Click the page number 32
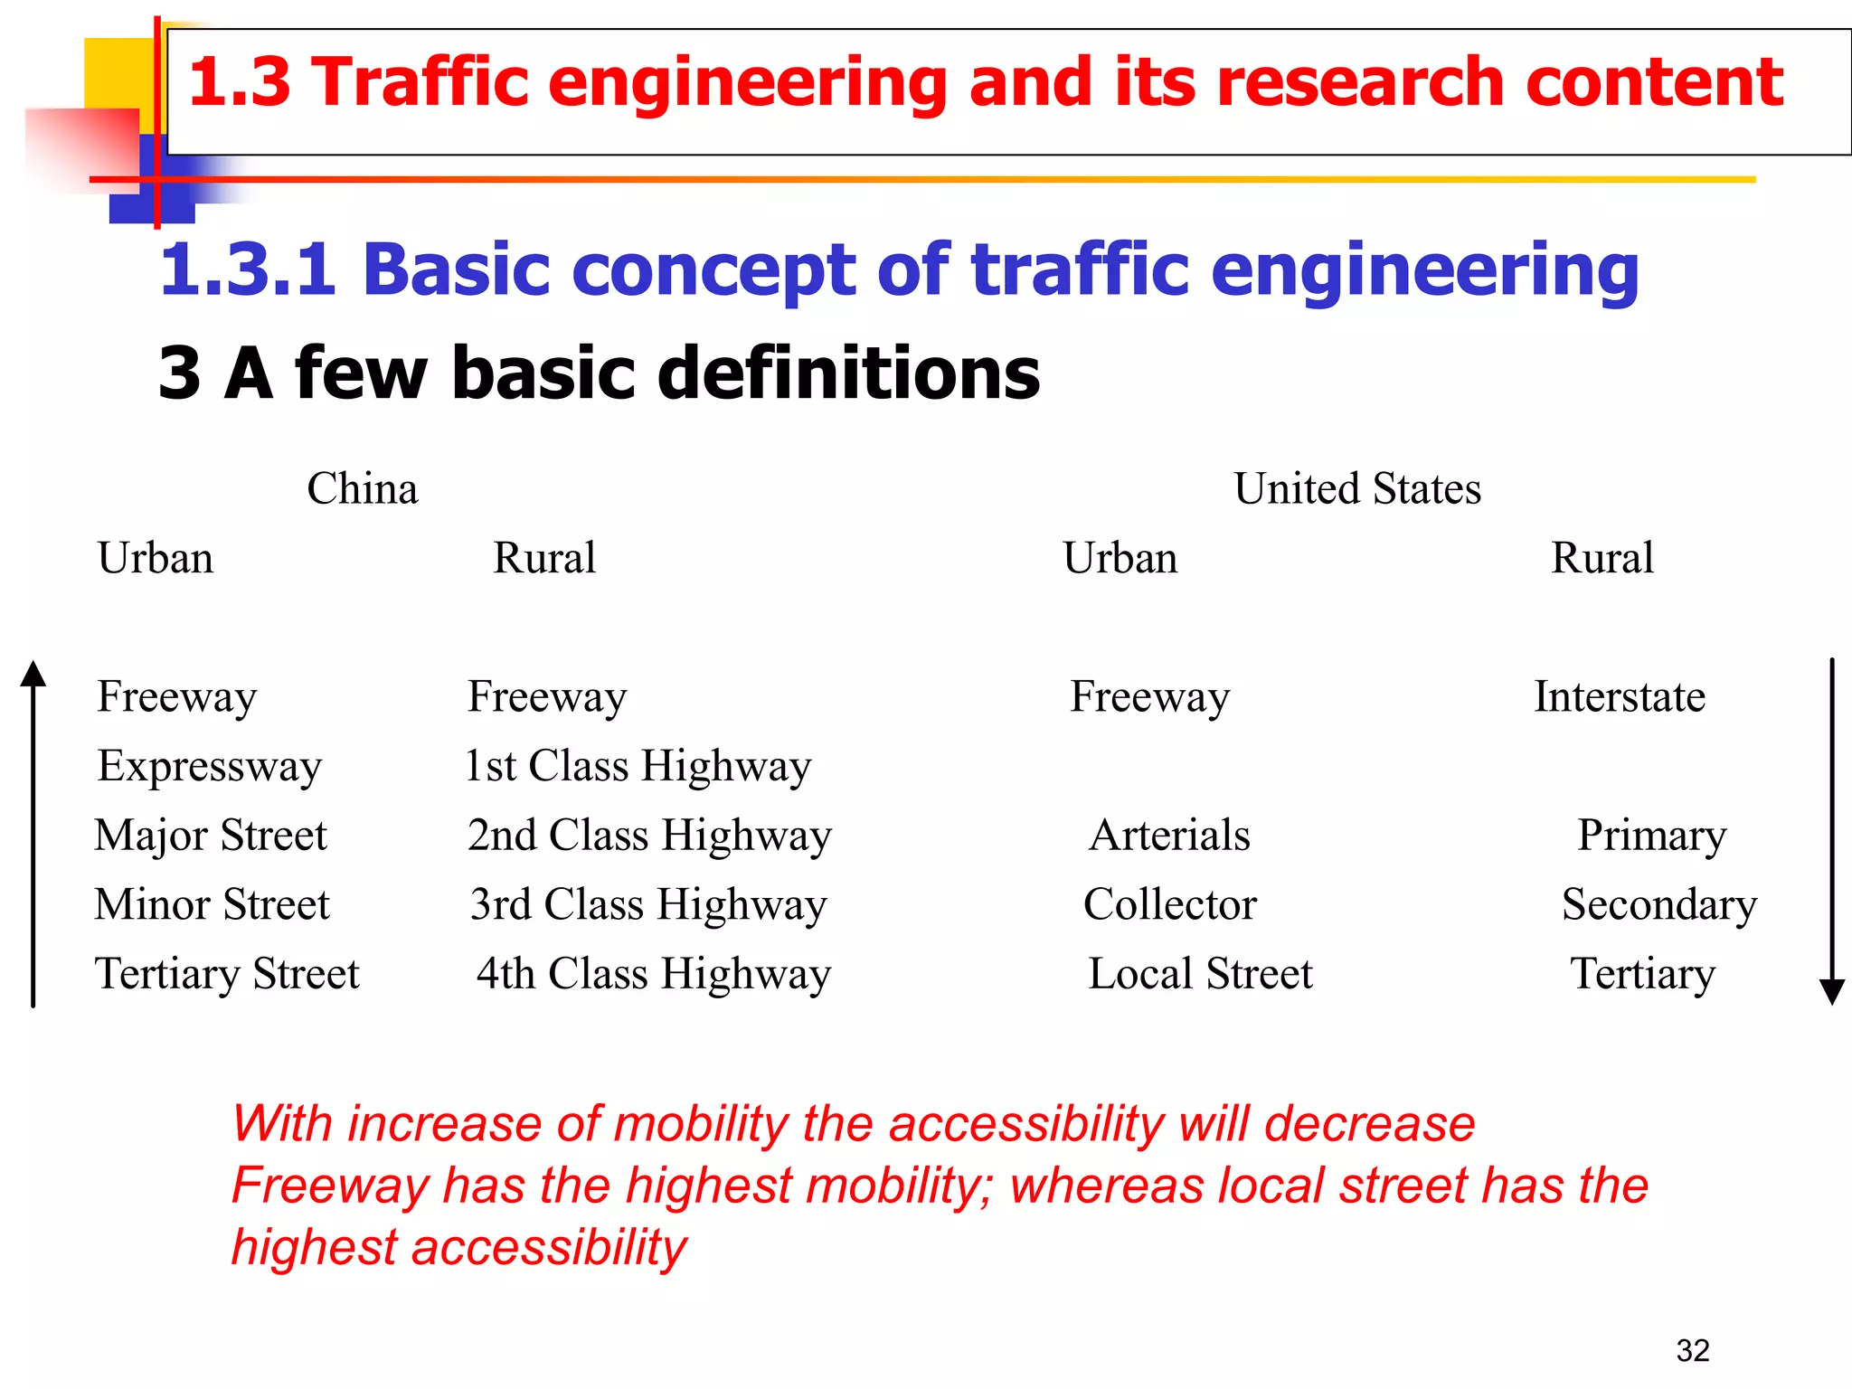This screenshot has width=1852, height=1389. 1693,1350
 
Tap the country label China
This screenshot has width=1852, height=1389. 363,489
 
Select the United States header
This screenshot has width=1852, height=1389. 1357,489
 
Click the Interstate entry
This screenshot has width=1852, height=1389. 1620,697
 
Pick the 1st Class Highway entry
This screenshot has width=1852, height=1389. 638,767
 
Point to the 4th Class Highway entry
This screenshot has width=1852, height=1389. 654,975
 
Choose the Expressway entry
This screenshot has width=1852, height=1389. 210,767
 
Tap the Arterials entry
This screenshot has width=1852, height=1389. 1169,836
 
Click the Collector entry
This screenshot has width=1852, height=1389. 1170,905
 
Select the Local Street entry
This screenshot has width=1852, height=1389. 1200,975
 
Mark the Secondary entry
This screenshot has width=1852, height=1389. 1659,905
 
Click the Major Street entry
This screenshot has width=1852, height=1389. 211,836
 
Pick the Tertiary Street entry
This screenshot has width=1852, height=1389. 227,975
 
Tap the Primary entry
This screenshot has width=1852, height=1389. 1652,836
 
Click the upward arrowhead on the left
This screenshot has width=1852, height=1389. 33,674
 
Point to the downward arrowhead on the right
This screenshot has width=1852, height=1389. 1832,992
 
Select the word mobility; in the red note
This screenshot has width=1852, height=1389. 901,1186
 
